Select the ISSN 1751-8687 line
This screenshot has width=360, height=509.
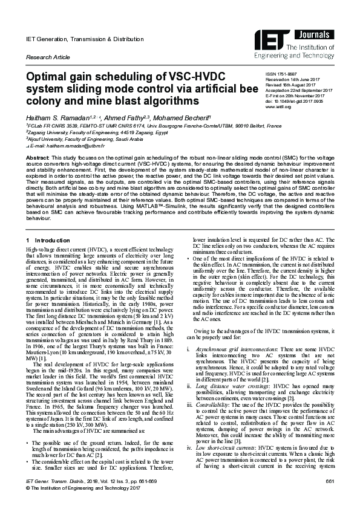264,73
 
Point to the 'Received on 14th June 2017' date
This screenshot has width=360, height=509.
282,78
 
